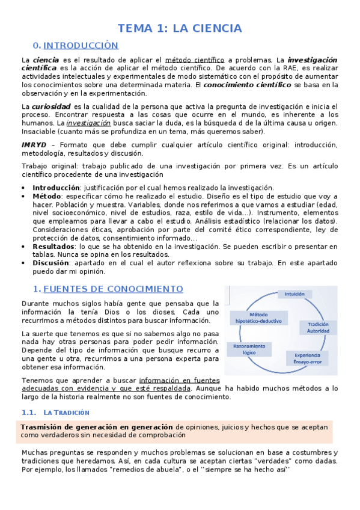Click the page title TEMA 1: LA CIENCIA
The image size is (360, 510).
click(180, 28)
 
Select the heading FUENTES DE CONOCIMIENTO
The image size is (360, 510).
click(114, 289)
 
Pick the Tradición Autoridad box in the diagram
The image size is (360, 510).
click(318, 327)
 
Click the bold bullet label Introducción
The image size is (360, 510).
click(56, 188)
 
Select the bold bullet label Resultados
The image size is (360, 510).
click(53, 247)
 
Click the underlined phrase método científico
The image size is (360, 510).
click(195, 60)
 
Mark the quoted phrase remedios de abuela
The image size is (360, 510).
click(129, 469)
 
